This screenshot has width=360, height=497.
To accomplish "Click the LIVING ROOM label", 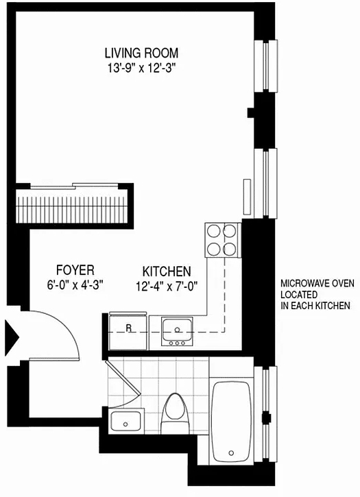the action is pyautogui.click(x=141, y=53).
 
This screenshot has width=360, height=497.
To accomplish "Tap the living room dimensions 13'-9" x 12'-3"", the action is pyautogui.click(x=141, y=68).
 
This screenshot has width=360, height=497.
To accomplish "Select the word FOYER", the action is pyautogui.click(x=75, y=270).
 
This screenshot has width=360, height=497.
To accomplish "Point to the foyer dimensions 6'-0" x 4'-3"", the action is pyautogui.click(x=75, y=285).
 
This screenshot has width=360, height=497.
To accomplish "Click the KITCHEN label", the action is pyautogui.click(x=167, y=271).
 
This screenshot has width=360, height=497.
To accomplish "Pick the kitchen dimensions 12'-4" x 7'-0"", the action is pyautogui.click(x=167, y=287).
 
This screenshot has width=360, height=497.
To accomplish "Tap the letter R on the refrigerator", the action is pyautogui.click(x=128, y=328).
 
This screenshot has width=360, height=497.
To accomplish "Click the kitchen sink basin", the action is pyautogui.click(x=177, y=328).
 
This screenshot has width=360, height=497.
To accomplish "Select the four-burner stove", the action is pyautogui.click(x=221, y=240).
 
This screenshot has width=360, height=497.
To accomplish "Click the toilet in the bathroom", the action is pyautogui.click(x=175, y=413).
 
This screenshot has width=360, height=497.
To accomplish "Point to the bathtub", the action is pyautogui.click(x=232, y=422).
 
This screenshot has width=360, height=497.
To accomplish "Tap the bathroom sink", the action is pyautogui.click(x=126, y=421).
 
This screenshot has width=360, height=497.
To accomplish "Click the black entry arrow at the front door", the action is pyautogui.click(x=12, y=337).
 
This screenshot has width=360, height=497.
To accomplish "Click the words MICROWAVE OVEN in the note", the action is pyautogui.click(x=317, y=283).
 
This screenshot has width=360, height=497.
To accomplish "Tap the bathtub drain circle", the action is pyautogui.click(x=231, y=453).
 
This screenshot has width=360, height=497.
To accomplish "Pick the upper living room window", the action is pyautogui.click(x=267, y=66).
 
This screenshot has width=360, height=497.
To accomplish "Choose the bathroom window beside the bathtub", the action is pyautogui.click(x=267, y=413).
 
